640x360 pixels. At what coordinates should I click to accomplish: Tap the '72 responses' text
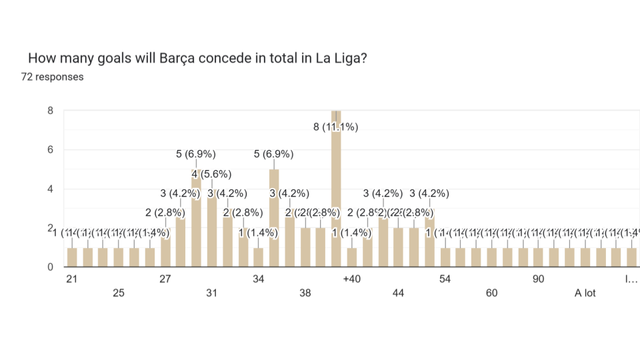(x=52, y=77)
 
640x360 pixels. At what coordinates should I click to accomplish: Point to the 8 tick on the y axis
(x=50, y=111)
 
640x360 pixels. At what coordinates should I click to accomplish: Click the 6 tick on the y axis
(x=50, y=150)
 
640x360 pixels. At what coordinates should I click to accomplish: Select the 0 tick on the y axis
(x=50, y=267)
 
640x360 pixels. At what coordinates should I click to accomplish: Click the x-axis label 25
(x=118, y=293)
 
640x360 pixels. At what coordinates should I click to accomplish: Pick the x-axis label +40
(x=351, y=279)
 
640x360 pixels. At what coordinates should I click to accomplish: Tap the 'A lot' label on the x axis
(x=585, y=293)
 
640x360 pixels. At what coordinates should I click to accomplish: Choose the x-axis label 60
(x=491, y=293)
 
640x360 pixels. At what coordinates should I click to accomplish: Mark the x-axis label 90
(x=538, y=279)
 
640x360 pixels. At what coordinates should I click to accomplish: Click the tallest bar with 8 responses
(x=336, y=193)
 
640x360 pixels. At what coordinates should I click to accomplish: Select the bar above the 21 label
(x=72, y=257)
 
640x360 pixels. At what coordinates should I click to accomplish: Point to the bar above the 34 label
(x=258, y=257)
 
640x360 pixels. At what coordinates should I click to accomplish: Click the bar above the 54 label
(x=445, y=257)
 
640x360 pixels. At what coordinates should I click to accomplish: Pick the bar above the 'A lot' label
(x=585, y=257)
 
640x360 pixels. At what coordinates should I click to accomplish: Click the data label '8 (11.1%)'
(x=336, y=127)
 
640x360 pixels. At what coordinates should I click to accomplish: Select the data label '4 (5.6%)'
(x=212, y=175)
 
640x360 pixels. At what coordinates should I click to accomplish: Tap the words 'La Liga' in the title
(x=339, y=58)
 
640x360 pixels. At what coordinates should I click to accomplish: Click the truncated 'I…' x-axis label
(x=631, y=279)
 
